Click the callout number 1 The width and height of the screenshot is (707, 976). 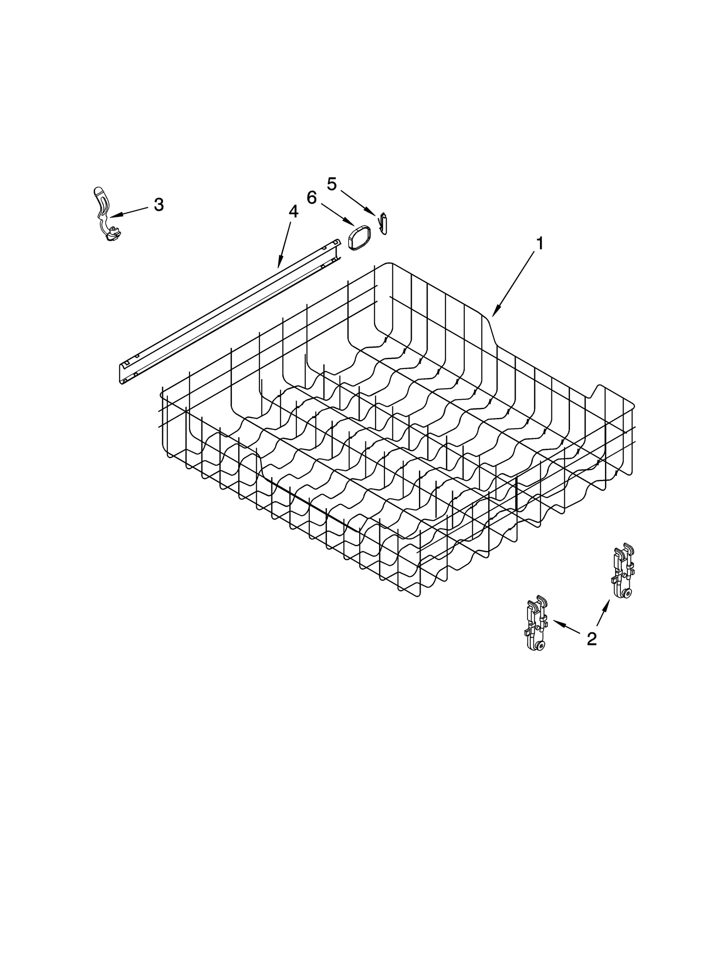(x=540, y=244)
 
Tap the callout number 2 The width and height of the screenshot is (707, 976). (x=592, y=638)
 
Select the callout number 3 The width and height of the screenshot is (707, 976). (x=159, y=205)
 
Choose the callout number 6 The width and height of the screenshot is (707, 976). (x=312, y=198)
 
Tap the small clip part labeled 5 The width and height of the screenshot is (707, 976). (x=383, y=224)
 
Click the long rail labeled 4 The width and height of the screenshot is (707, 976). (x=230, y=307)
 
